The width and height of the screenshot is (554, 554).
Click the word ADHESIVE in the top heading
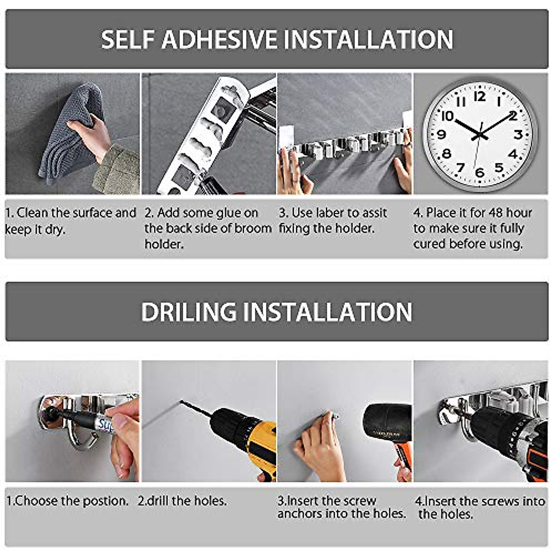point(220,39)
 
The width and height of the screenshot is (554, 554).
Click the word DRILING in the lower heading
point(189,312)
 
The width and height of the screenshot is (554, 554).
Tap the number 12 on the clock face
point(480,96)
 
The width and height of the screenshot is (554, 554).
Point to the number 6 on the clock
point(480,172)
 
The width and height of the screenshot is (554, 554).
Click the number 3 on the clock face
point(518,134)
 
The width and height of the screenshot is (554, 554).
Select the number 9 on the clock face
point(441,134)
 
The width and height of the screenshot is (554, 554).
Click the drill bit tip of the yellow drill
point(183,403)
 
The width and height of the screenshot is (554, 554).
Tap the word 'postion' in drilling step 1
point(107,501)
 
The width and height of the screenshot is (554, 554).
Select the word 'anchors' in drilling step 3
point(299,513)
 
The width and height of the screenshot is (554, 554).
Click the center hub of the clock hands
point(480,135)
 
